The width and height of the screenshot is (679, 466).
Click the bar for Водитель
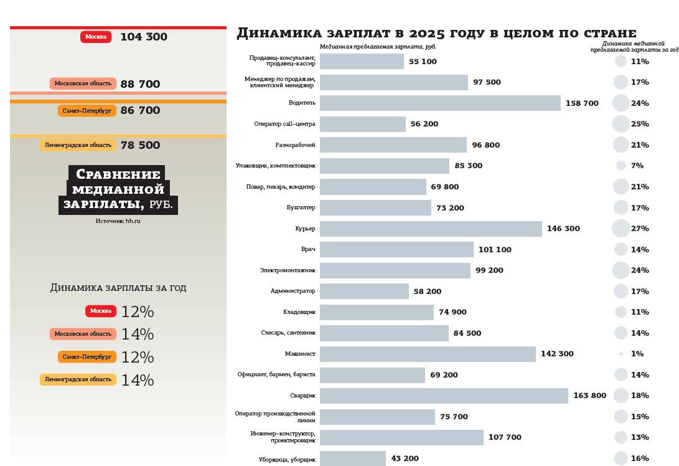440,103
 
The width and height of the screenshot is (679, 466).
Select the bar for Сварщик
444,396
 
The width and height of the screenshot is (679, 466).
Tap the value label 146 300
563,229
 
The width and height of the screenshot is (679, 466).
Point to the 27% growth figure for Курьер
640,229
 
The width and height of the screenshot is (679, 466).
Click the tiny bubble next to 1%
621,354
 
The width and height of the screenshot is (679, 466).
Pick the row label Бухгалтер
301,207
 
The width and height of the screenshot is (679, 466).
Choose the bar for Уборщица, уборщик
353,459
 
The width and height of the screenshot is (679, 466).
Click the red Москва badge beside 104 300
96,37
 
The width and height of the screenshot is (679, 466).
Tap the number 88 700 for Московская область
140,84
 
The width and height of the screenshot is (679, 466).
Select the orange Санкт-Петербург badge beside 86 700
87,111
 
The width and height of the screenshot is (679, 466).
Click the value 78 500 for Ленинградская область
140,145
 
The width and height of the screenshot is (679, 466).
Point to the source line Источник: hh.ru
118,221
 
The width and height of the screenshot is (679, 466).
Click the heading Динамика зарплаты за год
118,288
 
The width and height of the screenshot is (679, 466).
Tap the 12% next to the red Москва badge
137,312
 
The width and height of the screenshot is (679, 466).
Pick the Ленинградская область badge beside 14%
78,379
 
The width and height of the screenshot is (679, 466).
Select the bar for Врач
396,249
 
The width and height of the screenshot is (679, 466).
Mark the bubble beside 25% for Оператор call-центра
621,124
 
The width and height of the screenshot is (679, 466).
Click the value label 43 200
405,459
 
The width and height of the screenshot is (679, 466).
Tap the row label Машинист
300,354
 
